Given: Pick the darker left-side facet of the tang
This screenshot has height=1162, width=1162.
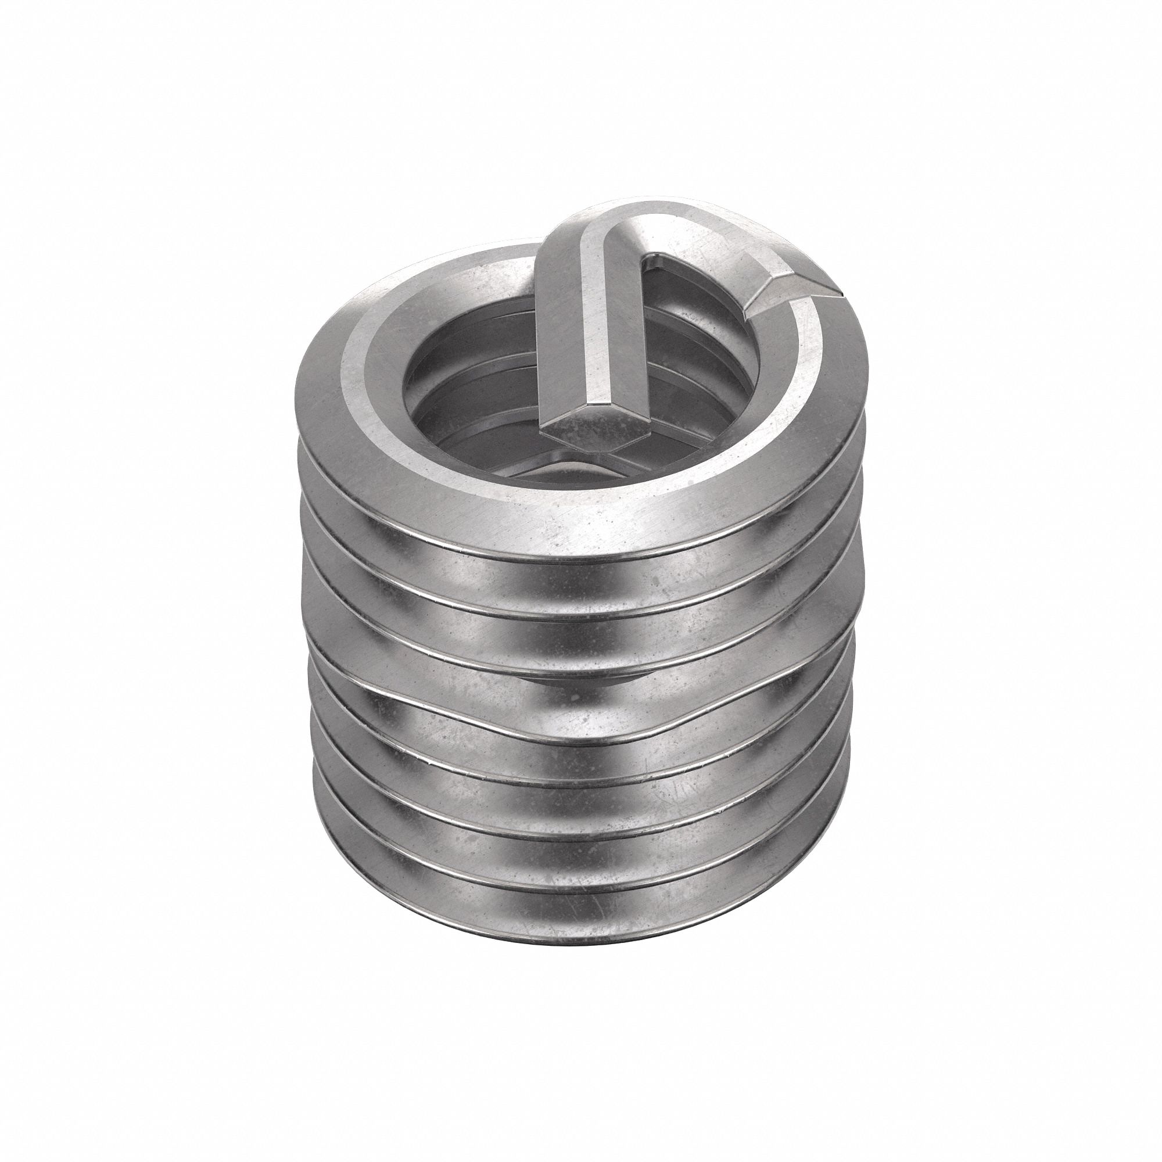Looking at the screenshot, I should [x=550, y=337].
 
